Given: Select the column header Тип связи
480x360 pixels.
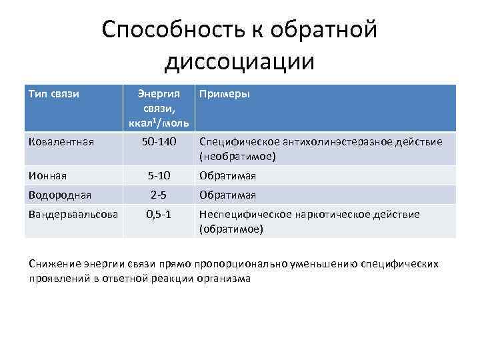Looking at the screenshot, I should (x=54, y=94).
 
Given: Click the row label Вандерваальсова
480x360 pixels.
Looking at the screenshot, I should (x=73, y=214).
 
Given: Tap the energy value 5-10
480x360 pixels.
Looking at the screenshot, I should (x=159, y=175).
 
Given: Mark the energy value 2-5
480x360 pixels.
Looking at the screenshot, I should (x=159, y=195).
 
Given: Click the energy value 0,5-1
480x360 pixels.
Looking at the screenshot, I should (x=159, y=214).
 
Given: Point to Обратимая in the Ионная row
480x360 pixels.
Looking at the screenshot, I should (x=227, y=175).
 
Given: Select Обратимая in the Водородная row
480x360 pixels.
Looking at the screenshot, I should (x=227, y=195).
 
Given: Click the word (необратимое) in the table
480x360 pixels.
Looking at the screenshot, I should (x=237, y=156).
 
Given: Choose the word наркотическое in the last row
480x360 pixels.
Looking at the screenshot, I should (x=329, y=214).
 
